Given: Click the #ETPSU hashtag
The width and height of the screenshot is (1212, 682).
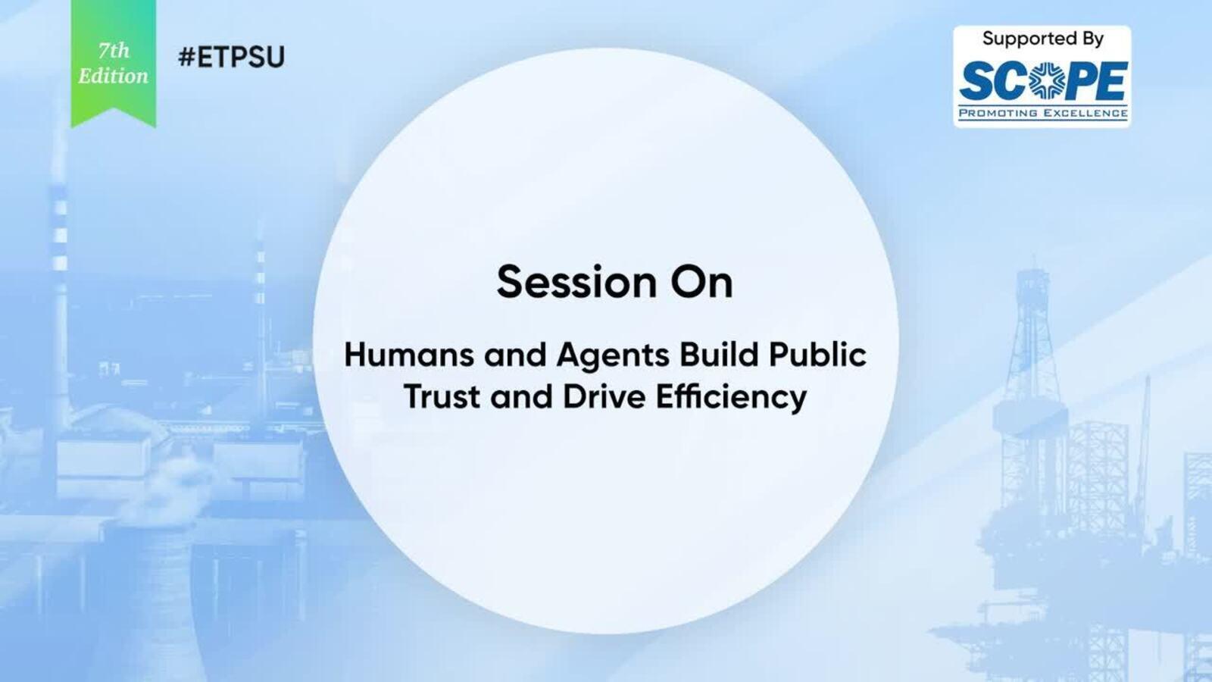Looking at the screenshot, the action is pyautogui.click(x=231, y=57).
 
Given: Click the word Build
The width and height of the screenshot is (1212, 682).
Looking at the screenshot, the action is pyautogui.click(x=720, y=355).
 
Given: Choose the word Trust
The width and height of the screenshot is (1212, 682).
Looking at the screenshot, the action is pyautogui.click(x=442, y=397).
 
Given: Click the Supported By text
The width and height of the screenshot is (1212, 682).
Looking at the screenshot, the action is pyautogui.click(x=1042, y=39).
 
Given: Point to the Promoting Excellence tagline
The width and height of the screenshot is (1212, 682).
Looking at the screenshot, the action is pyautogui.click(x=1043, y=113).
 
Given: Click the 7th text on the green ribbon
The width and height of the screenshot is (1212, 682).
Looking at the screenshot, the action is pyautogui.click(x=114, y=51).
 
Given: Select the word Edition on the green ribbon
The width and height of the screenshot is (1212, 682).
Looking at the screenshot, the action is pyautogui.click(x=113, y=77).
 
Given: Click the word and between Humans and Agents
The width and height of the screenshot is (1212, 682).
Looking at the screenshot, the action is pyautogui.click(x=515, y=355).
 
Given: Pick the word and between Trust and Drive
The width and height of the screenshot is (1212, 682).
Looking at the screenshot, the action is pyautogui.click(x=522, y=397).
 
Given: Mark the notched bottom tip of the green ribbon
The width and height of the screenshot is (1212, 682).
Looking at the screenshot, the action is pyautogui.click(x=114, y=108).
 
